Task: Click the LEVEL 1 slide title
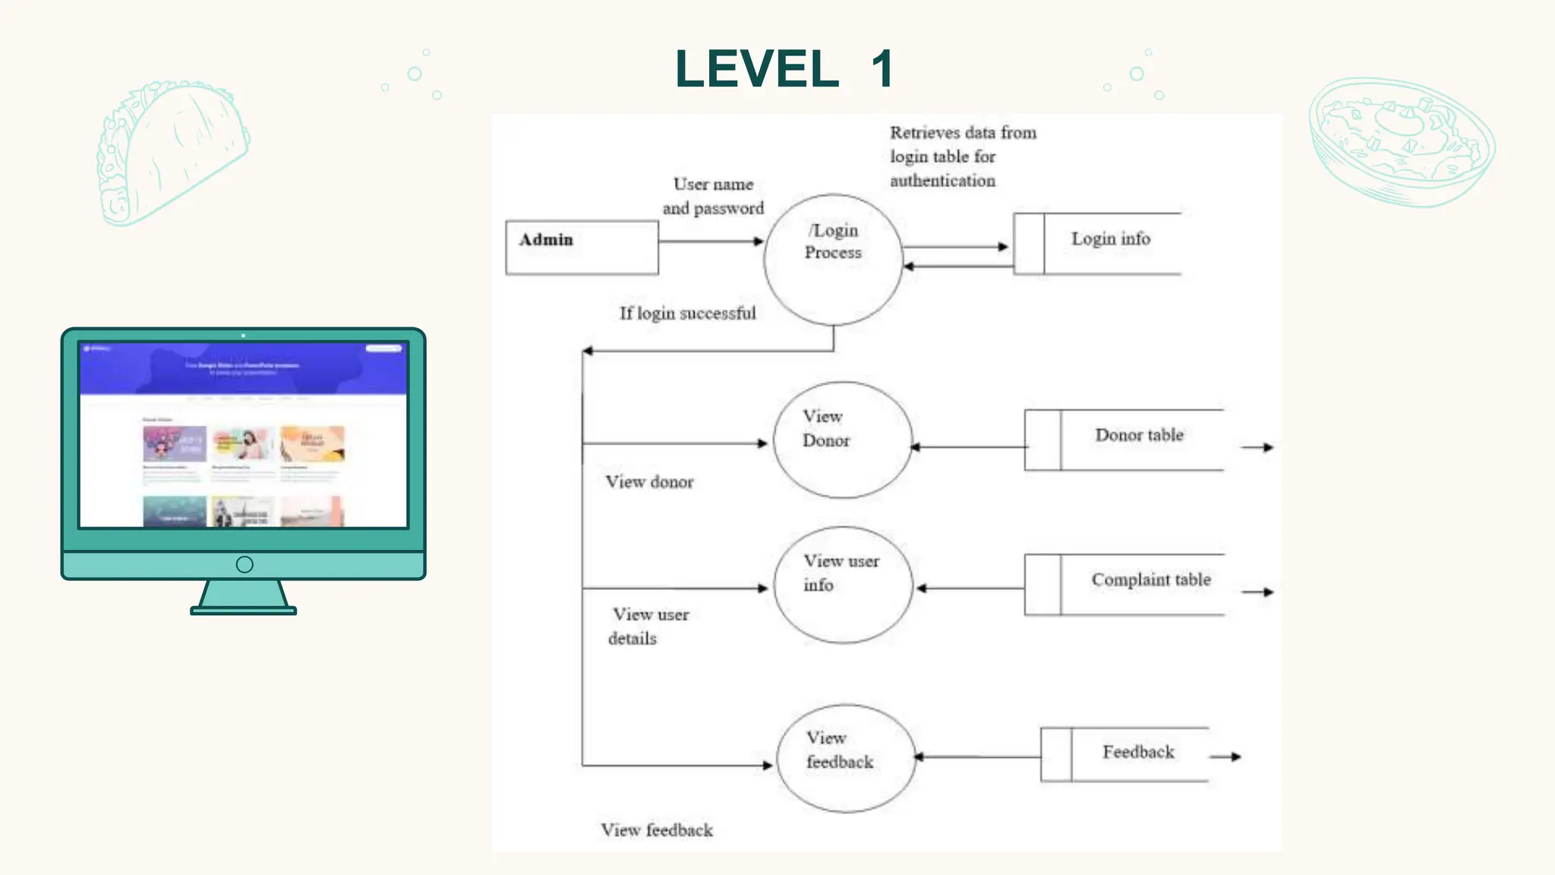(x=784, y=69)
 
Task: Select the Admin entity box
(x=582, y=248)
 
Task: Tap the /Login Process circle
(x=833, y=259)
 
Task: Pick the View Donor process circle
(x=842, y=440)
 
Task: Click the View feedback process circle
(x=846, y=758)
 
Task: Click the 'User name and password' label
(x=713, y=196)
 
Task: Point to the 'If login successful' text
(x=687, y=313)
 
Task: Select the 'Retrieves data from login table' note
(x=962, y=156)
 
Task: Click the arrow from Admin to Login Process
(x=711, y=242)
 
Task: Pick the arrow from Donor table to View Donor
(x=969, y=447)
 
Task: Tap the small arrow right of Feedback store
(x=1225, y=757)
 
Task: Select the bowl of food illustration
(x=1401, y=141)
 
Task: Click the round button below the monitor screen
(x=244, y=564)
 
